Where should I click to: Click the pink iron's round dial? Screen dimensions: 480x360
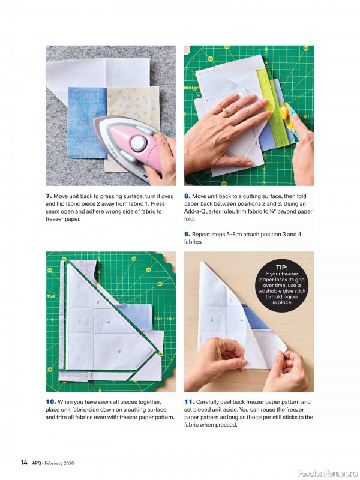tap(139, 142)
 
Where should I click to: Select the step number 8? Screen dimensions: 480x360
tap(187, 196)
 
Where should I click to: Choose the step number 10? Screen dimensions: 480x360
tap(50, 401)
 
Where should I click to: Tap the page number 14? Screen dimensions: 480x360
tap(25, 462)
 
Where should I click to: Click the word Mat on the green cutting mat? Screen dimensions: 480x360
tap(51, 296)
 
